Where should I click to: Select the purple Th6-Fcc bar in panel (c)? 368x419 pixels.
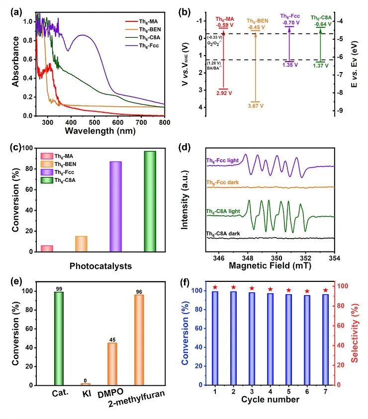point(115,207)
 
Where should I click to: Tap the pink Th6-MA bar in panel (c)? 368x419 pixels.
point(47,249)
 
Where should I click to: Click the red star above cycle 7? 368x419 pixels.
point(326,290)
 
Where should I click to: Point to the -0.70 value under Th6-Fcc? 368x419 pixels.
point(289,22)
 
